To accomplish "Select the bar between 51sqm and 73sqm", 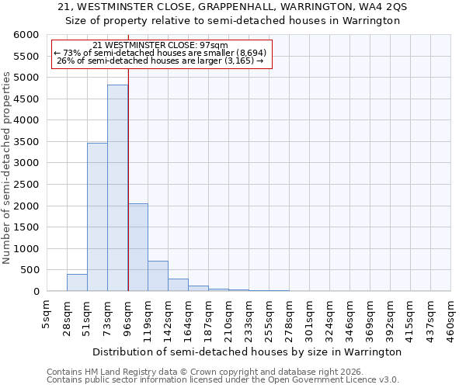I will point(97,217).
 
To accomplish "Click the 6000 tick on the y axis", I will point(25,35).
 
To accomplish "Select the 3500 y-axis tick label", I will point(25,142).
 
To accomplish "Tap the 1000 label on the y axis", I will point(25,249).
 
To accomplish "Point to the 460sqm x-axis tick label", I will point(450,319).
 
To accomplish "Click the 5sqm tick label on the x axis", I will point(47,314).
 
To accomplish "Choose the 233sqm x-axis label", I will point(249,319).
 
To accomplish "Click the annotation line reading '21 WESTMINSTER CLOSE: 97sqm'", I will point(159,46).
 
